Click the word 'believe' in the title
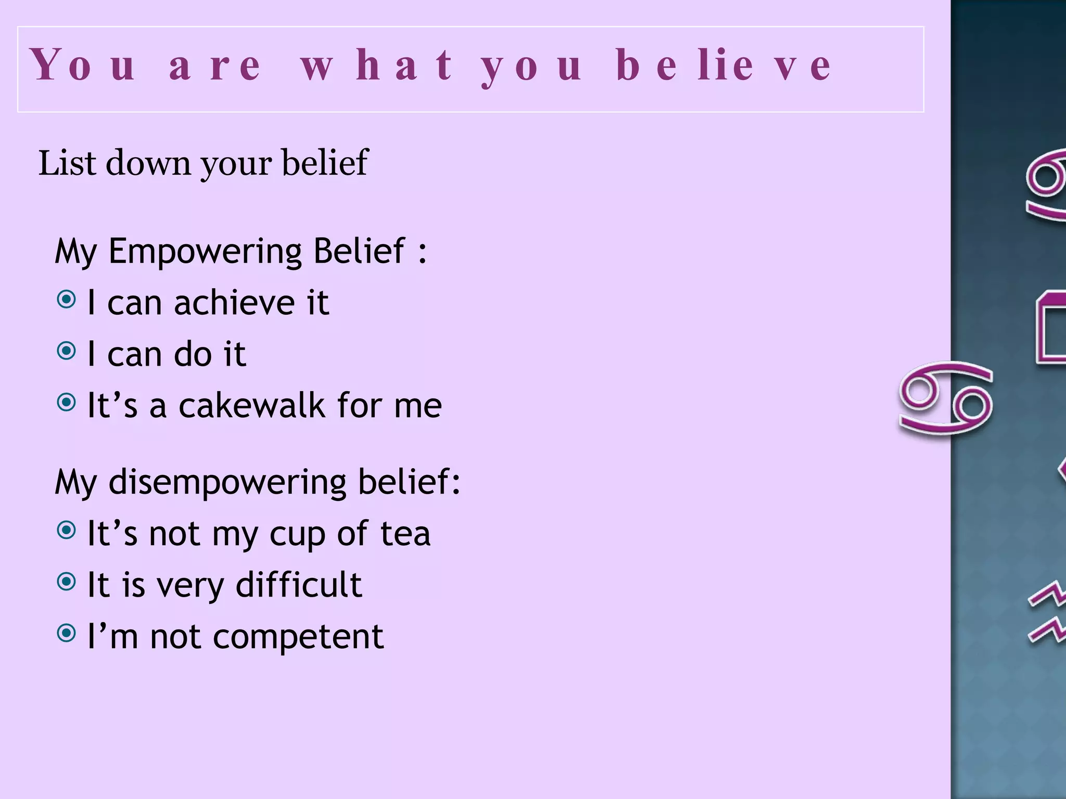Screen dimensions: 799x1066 [724, 66]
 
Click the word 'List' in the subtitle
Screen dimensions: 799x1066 [68, 163]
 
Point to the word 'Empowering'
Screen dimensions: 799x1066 [204, 252]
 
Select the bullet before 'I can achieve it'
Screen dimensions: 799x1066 [66, 300]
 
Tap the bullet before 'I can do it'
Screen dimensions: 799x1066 [66, 351]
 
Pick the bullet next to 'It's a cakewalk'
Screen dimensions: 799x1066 [66, 402]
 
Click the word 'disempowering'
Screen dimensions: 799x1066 [227, 482]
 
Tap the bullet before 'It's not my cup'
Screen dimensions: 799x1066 [66, 531]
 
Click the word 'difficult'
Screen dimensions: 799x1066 [298, 585]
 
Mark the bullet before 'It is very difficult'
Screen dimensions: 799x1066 [66, 582]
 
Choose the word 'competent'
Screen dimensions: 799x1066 [298, 637]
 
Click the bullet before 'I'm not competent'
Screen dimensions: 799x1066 [66, 633]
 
